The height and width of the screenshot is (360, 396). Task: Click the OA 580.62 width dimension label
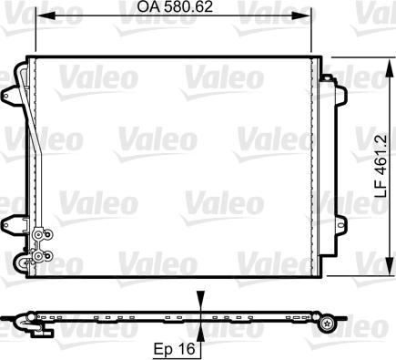click(175, 6)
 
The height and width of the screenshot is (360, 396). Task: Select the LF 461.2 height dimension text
click(381, 166)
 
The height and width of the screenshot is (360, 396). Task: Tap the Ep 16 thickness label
click(174, 349)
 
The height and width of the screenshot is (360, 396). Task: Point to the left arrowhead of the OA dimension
click(43, 15)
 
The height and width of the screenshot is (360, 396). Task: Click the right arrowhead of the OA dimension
click(304, 15)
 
